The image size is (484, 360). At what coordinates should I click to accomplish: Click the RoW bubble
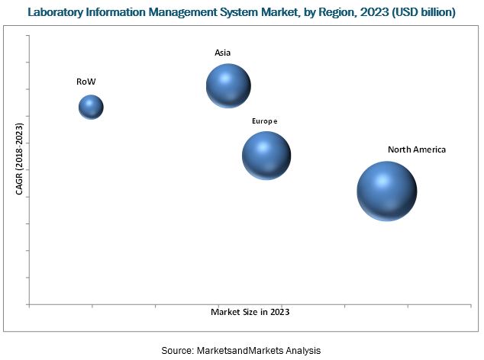(x=91, y=107)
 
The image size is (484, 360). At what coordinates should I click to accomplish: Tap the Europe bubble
(x=266, y=156)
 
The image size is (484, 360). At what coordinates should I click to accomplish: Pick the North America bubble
(x=387, y=191)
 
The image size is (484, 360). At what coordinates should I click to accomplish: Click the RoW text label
(x=86, y=80)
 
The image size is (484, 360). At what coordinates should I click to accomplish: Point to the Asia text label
(x=222, y=53)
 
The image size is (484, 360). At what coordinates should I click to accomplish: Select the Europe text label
(x=265, y=121)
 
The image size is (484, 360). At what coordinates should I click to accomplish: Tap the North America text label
(x=416, y=149)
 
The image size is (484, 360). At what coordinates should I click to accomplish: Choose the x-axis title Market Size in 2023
(x=250, y=312)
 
